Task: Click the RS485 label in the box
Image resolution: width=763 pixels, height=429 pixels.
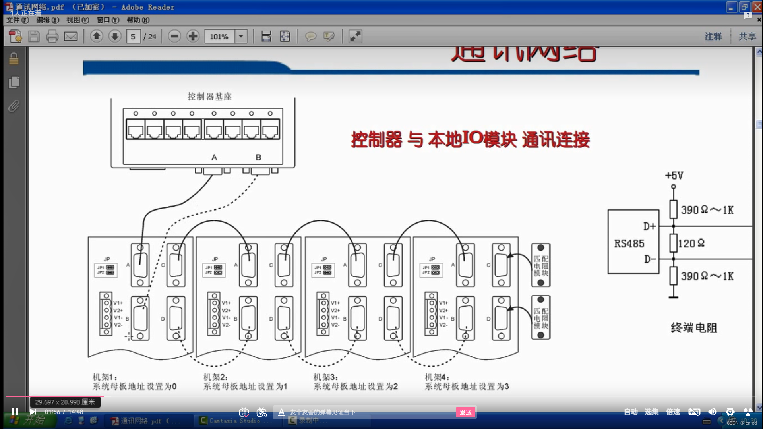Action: pyautogui.click(x=629, y=243)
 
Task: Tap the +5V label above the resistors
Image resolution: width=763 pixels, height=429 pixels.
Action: pyautogui.click(x=674, y=175)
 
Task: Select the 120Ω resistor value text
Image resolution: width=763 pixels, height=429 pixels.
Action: pyautogui.click(x=691, y=243)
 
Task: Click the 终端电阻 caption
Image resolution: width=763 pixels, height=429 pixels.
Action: pyautogui.click(x=694, y=328)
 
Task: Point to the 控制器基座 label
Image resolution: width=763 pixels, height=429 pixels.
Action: pyautogui.click(x=209, y=97)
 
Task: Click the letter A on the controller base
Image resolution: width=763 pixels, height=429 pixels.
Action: pyautogui.click(x=214, y=158)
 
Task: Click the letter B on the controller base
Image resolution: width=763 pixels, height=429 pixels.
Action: pyautogui.click(x=258, y=158)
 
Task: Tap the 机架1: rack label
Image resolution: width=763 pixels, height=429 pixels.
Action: pyautogui.click(x=105, y=377)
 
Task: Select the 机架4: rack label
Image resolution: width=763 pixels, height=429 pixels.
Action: pyautogui.click(x=437, y=377)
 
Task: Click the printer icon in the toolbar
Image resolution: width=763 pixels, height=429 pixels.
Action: pyautogui.click(x=52, y=37)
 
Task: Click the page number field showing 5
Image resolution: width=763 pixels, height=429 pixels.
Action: pyautogui.click(x=133, y=37)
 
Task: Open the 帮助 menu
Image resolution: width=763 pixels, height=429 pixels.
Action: pyautogui.click(x=138, y=20)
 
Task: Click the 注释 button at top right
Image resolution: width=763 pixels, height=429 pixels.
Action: pyautogui.click(x=713, y=37)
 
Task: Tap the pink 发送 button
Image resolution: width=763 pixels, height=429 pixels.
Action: pyautogui.click(x=465, y=412)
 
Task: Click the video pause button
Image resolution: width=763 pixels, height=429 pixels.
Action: pyautogui.click(x=15, y=412)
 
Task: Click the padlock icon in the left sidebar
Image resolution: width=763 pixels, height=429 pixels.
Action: pyautogui.click(x=14, y=59)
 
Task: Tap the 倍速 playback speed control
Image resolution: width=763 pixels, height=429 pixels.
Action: pyautogui.click(x=673, y=412)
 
